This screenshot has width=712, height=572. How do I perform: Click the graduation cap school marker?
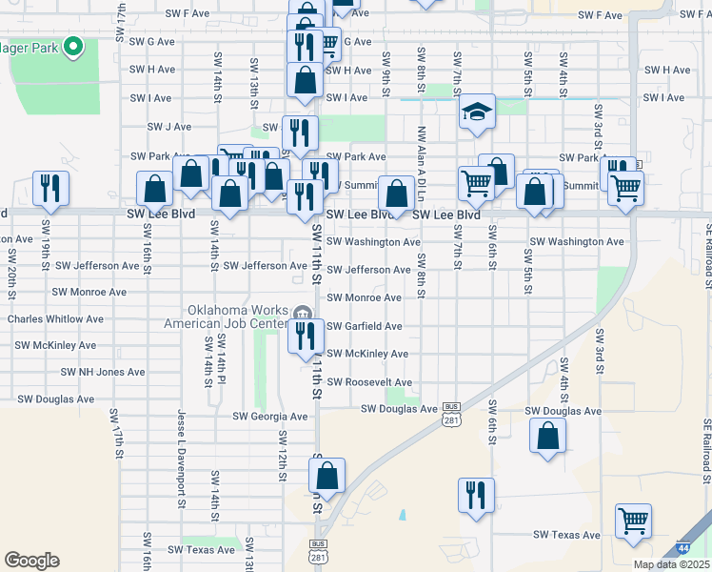pyautogui.click(x=476, y=112)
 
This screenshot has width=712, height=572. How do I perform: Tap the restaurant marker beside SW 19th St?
pyautogui.click(x=50, y=188)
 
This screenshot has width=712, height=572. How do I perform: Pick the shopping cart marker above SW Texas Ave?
pyautogui.click(x=633, y=521)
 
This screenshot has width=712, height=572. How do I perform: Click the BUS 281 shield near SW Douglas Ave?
pyautogui.click(x=451, y=417)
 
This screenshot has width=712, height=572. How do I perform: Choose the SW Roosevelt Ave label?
pyautogui.click(x=367, y=381)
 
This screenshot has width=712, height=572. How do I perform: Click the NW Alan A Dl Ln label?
pyautogui.click(x=420, y=166)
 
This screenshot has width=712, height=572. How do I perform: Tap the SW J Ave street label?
pyautogui.click(x=170, y=126)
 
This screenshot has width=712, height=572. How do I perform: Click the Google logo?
pyautogui.click(x=31, y=561)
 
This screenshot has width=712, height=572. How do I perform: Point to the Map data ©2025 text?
pyautogui.click(x=670, y=564)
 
